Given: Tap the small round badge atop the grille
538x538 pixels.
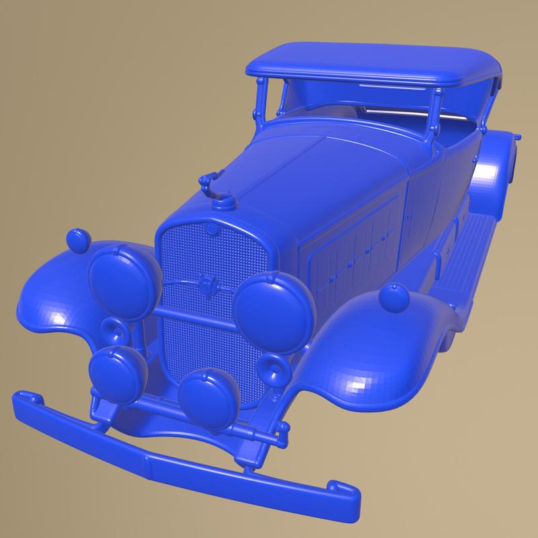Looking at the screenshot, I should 212,230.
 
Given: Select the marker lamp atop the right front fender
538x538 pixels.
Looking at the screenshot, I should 391,296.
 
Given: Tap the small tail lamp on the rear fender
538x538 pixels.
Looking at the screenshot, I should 516,137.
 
